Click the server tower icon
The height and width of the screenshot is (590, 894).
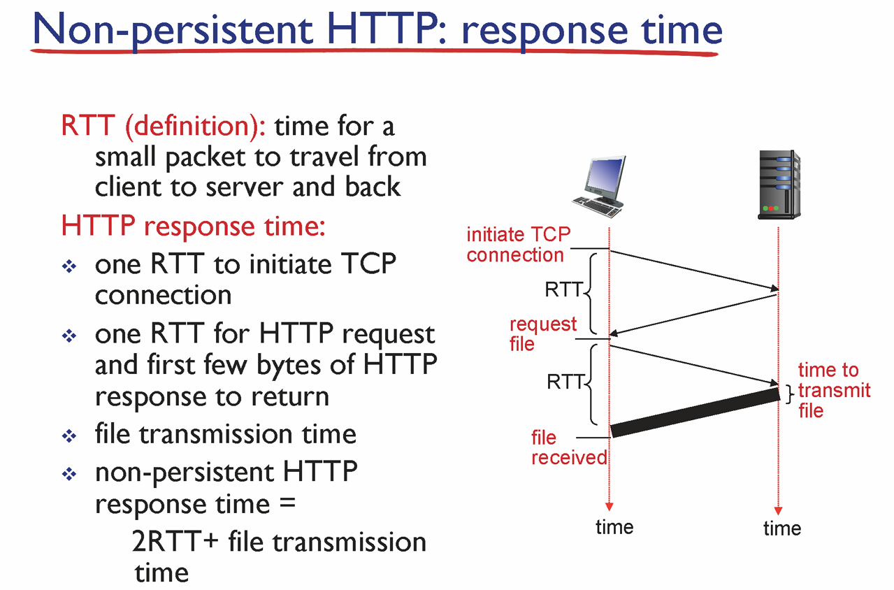pos(779,185)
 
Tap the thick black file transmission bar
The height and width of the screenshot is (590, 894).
pos(695,412)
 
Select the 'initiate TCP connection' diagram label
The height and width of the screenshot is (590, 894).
pos(519,244)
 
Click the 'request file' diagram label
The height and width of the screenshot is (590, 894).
pos(543,333)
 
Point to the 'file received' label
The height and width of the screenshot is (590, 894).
pos(569,447)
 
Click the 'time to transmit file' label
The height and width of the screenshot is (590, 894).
pos(834,390)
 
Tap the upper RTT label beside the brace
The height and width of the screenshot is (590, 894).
pos(563,289)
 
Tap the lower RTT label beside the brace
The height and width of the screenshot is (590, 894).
pos(565,382)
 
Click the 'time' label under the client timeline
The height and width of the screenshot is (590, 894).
pos(614,527)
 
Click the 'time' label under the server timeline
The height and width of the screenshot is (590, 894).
pos(782,528)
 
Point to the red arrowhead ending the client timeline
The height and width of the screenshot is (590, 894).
pos(609,507)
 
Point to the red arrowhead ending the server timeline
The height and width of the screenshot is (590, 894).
pos(778,511)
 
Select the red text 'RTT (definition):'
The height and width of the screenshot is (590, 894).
pos(164,127)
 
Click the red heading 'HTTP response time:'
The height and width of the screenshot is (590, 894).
pos(193,226)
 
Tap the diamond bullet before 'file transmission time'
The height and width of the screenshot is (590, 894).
pos(69,436)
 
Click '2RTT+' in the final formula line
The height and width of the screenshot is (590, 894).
pos(175,542)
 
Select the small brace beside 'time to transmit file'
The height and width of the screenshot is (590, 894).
pos(789,394)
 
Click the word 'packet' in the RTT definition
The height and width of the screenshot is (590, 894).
pos(206,158)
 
